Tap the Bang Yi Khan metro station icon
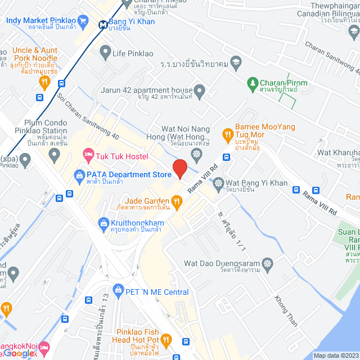103,24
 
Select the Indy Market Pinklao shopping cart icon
83,21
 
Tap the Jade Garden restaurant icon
177,201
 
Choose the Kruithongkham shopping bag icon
103,223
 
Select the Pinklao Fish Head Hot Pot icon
166,339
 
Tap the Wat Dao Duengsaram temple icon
268,263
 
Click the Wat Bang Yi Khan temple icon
218,183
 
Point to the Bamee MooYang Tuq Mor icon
227,134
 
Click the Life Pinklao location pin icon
105,53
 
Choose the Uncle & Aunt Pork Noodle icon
44,83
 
